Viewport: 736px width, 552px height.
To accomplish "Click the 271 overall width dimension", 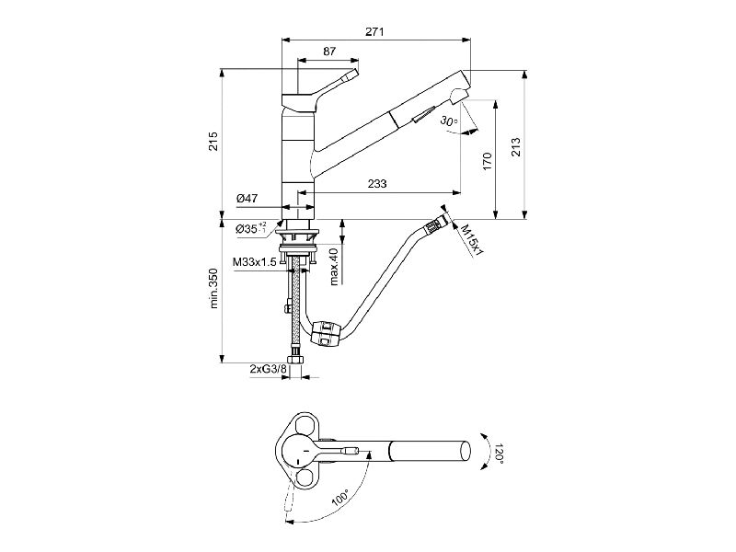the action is (x=374, y=31).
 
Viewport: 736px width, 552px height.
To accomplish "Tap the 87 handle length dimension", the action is (x=329, y=52).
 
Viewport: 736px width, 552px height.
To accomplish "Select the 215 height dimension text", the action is (x=213, y=141).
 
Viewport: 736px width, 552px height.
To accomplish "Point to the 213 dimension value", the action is (x=515, y=147).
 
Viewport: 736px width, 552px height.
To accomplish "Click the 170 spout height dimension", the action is (x=487, y=162).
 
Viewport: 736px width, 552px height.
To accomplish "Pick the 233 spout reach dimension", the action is (x=377, y=183).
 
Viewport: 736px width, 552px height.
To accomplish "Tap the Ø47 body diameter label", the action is (x=247, y=199).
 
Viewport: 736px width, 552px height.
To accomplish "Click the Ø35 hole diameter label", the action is (x=251, y=228).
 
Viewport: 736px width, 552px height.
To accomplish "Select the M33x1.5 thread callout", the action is (x=255, y=262).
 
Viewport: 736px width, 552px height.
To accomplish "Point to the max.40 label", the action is (x=334, y=267).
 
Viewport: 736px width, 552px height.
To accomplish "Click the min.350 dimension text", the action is (x=214, y=288).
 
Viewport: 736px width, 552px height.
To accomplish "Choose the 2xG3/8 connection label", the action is (x=268, y=370).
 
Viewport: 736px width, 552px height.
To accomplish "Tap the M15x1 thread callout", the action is (x=472, y=239).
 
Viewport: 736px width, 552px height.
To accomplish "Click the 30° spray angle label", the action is (x=449, y=121).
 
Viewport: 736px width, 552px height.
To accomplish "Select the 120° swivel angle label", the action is (x=499, y=453).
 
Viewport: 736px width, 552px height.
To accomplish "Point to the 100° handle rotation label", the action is (x=340, y=498).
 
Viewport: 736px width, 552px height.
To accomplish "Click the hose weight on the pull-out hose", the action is (x=325, y=333).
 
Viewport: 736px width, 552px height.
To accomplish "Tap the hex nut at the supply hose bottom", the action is (x=295, y=360).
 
